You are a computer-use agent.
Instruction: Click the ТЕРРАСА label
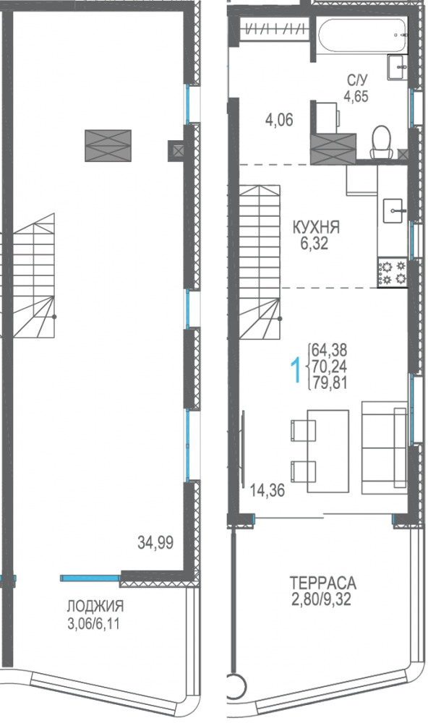point(323,582)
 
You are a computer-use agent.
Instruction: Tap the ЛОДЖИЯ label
point(95,605)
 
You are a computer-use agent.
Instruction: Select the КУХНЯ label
point(317,227)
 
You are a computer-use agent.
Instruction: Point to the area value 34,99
point(155,543)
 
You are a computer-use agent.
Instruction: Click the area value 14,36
point(267,490)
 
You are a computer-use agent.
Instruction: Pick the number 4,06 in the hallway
point(279,120)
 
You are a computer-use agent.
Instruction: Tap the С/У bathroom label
point(357,81)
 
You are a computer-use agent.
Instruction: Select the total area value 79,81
point(329,382)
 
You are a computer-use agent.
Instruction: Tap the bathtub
point(362,36)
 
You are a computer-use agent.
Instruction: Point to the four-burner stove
point(392,273)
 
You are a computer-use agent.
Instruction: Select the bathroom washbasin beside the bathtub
point(397,67)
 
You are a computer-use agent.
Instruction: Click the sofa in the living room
point(385,447)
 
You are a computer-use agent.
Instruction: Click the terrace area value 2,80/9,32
point(320,599)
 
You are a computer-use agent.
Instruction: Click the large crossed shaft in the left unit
point(108,146)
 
